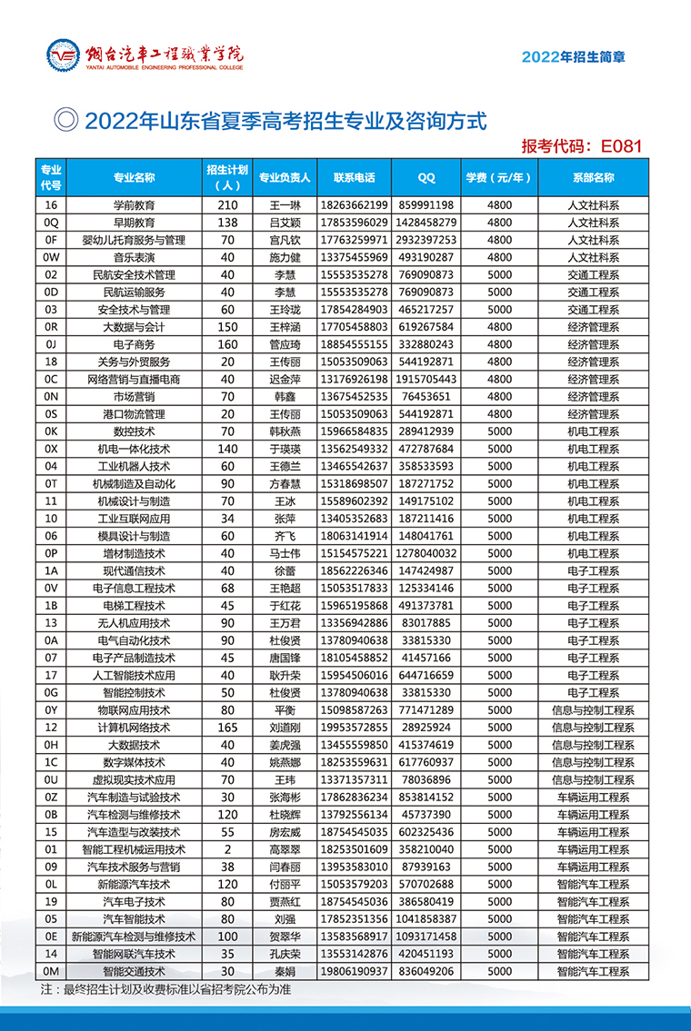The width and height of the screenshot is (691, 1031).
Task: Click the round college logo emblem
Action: [x=64, y=56]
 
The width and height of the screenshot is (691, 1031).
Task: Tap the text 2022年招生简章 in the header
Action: [x=573, y=56]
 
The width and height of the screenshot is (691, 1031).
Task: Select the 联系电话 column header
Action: [x=355, y=178]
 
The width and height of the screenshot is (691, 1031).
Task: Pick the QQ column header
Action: [x=426, y=178]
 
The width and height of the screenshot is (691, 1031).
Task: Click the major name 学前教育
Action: [x=134, y=206]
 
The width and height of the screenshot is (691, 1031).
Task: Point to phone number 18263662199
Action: [x=355, y=206]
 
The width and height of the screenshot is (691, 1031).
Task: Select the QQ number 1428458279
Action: [x=426, y=223]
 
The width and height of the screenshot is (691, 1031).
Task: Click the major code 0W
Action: [x=51, y=258]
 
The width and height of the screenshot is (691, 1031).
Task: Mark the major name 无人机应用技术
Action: [x=134, y=623]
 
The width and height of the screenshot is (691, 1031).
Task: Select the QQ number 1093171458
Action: [x=426, y=937]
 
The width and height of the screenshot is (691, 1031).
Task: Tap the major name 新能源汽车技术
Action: [x=134, y=884]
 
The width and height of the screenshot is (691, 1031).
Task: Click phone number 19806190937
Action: [x=355, y=971]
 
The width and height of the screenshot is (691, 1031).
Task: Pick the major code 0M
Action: [x=51, y=971]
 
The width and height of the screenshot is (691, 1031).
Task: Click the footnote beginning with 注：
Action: [x=165, y=989]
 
